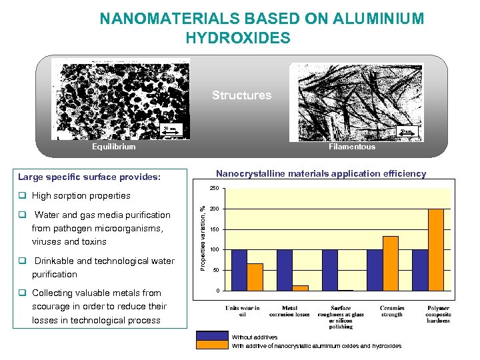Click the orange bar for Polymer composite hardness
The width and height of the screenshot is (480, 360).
pos(435,250)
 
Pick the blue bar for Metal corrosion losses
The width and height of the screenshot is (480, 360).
pos(285,270)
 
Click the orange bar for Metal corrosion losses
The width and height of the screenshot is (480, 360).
pos(300,288)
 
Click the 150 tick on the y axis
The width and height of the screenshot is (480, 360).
pos(215,230)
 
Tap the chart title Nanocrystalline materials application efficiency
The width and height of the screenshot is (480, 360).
pos(321,174)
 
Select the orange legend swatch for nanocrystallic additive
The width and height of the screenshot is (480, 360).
pos(212,345)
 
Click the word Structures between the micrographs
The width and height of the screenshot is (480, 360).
pos(241,95)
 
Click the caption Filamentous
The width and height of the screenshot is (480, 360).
pos(351,147)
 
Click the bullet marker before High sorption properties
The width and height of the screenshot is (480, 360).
pos(22,196)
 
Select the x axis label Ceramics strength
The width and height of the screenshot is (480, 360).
pos(392,311)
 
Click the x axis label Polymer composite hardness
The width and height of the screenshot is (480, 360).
pos(437,314)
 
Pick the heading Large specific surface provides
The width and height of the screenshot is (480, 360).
pos(89,177)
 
